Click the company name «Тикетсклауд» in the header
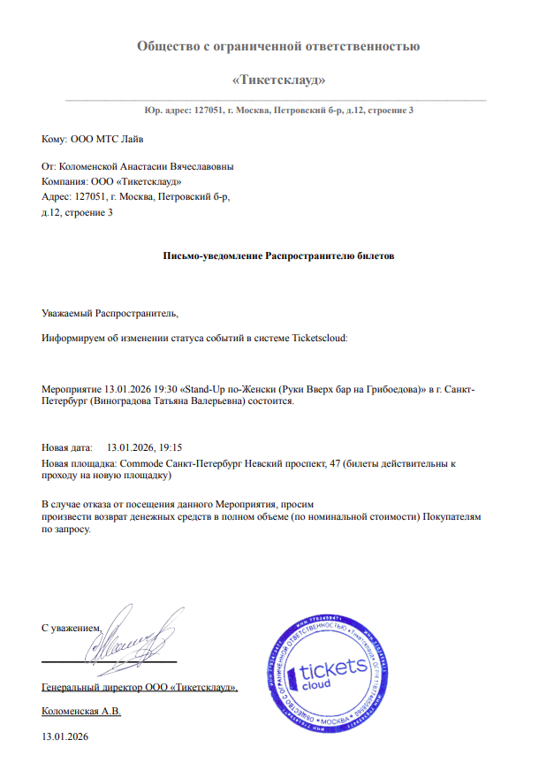click(x=277, y=80)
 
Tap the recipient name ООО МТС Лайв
click(x=100, y=140)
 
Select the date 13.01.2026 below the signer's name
click(x=65, y=736)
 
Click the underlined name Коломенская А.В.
click(x=81, y=711)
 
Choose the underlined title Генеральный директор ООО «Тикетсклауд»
click(x=140, y=687)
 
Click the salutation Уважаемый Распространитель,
click(x=110, y=312)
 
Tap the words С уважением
click(x=72, y=628)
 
